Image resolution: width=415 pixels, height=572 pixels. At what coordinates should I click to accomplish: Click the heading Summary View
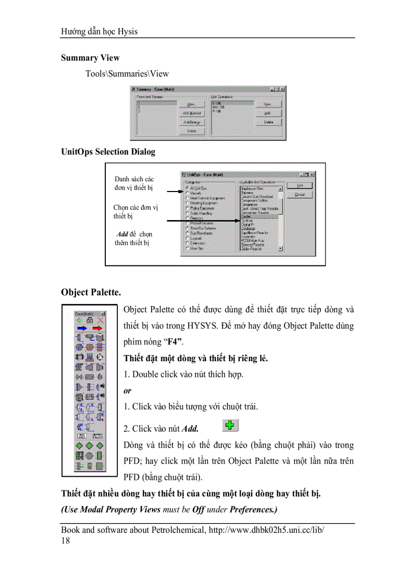click(x=90, y=58)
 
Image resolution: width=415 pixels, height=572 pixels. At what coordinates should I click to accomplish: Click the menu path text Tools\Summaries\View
click(x=127, y=73)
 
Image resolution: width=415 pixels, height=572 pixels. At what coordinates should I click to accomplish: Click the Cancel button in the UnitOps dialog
click(x=300, y=195)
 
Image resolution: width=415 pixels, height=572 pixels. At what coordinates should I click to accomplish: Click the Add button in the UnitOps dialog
click(x=300, y=186)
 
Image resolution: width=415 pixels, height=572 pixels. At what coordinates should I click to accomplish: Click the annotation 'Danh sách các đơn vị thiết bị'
click(x=134, y=183)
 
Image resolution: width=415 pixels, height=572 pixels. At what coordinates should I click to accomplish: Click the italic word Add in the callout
click(x=123, y=234)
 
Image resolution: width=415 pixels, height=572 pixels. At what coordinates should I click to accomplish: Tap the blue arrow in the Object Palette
click(x=81, y=329)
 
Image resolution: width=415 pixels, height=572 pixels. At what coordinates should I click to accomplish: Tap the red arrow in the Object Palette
click(x=97, y=329)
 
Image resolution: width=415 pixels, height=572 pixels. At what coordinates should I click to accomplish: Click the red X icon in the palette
click(x=100, y=320)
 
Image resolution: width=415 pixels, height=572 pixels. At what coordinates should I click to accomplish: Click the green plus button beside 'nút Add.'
click(x=230, y=426)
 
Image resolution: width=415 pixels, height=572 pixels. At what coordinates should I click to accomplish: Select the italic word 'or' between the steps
click(x=127, y=391)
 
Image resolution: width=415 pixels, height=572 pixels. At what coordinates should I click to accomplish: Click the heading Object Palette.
click(x=91, y=292)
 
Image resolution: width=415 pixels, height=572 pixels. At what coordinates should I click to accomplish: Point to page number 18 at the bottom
click(x=66, y=540)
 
